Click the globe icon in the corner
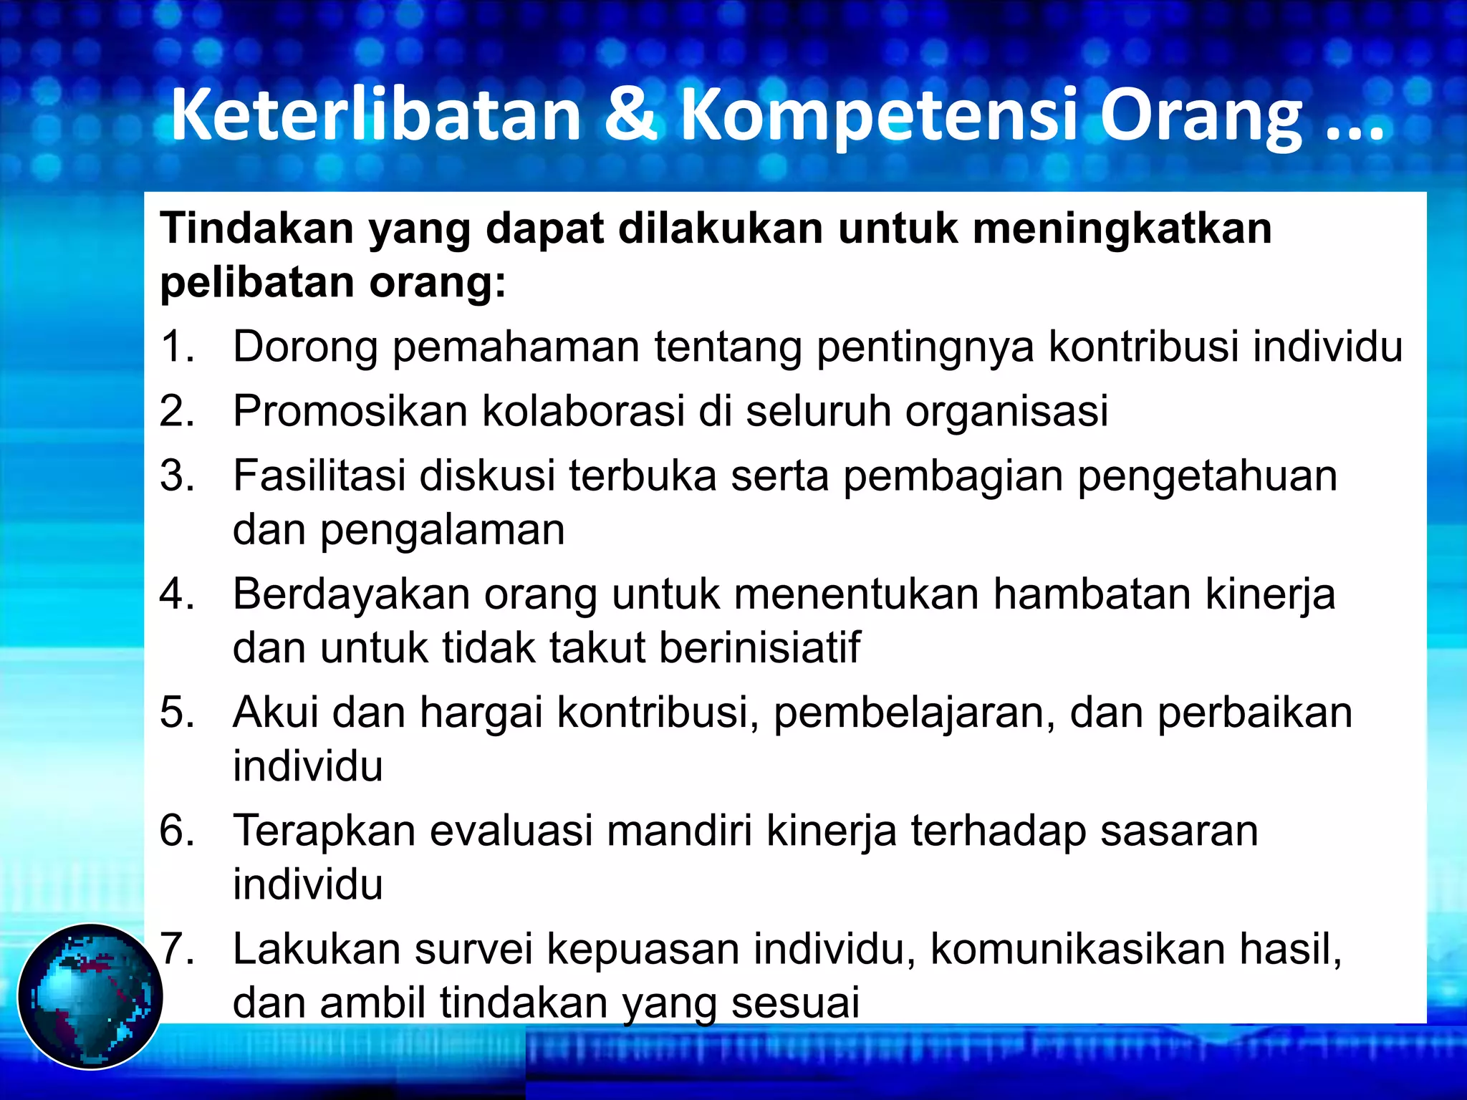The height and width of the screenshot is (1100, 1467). click(90, 996)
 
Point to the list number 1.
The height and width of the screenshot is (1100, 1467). click(177, 347)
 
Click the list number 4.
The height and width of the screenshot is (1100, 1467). click(177, 594)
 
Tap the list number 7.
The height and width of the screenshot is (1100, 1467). click(177, 949)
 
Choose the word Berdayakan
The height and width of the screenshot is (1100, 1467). click(351, 594)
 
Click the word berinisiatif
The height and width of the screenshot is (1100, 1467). click(759, 647)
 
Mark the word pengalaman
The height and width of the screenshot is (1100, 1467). click(442, 531)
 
